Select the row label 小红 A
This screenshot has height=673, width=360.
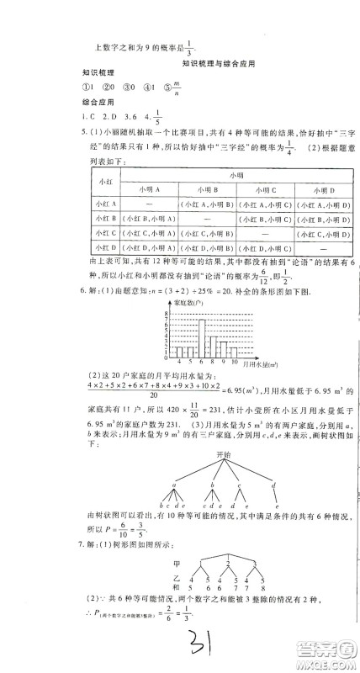point(106,204)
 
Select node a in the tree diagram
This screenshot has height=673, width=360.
point(173,484)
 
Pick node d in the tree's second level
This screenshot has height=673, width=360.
point(273,484)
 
